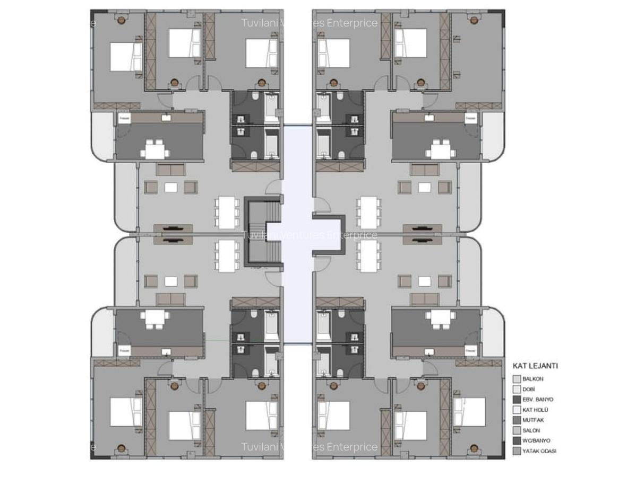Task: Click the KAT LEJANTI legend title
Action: (535, 366)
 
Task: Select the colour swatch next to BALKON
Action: (517, 379)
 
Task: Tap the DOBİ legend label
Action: (528, 389)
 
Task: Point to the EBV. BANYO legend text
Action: (537, 400)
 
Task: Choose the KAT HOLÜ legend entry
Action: (535, 410)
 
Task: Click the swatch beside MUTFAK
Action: (517, 420)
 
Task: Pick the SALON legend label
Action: (531, 430)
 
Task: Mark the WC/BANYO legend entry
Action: (536, 440)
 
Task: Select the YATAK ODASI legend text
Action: (539, 451)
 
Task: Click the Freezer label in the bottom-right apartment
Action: (470, 350)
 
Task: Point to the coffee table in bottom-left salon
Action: (171, 281)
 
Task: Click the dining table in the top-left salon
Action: (227, 212)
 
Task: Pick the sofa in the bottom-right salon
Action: (425, 299)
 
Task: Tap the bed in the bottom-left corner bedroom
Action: (126, 412)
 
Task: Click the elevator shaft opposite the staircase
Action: (329, 233)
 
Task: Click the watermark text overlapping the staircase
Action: (309, 235)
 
